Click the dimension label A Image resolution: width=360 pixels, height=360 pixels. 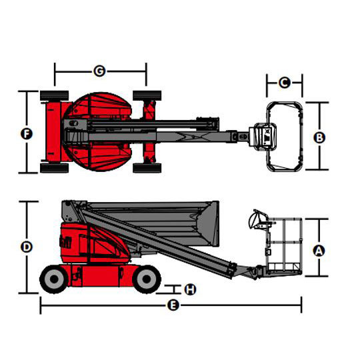pyautogui.click(x=319, y=251)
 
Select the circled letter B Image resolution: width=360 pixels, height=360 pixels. pyautogui.click(x=319, y=137)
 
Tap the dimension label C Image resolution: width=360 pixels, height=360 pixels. pyautogui.click(x=285, y=83)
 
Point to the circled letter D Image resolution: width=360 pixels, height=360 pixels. pyautogui.click(x=27, y=247)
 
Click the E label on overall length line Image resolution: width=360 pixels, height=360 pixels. pyautogui.click(x=173, y=305)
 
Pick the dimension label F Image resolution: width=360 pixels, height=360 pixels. pyautogui.click(x=27, y=134)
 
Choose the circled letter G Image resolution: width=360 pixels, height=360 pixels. pyautogui.click(x=99, y=71)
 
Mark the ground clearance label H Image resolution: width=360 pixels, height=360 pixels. pyautogui.click(x=190, y=289)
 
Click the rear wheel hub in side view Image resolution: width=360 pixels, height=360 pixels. pyautogui.click(x=54, y=279)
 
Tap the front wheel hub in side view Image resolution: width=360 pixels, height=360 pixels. pyautogui.click(x=147, y=279)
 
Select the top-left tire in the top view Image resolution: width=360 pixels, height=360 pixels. pyautogui.click(x=55, y=95)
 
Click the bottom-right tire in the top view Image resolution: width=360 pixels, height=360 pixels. pyautogui.click(x=147, y=168)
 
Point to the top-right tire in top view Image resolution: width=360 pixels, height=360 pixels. pyautogui.click(x=147, y=95)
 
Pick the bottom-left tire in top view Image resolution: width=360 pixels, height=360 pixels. pyautogui.click(x=55, y=168)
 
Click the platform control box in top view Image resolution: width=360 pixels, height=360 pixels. pyautogui.click(x=266, y=137)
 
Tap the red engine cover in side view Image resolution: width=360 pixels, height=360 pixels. pyautogui.click(x=94, y=243)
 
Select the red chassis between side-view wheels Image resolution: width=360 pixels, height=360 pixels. pyautogui.click(x=101, y=275)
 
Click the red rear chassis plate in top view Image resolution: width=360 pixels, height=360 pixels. pyautogui.click(x=53, y=132)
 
